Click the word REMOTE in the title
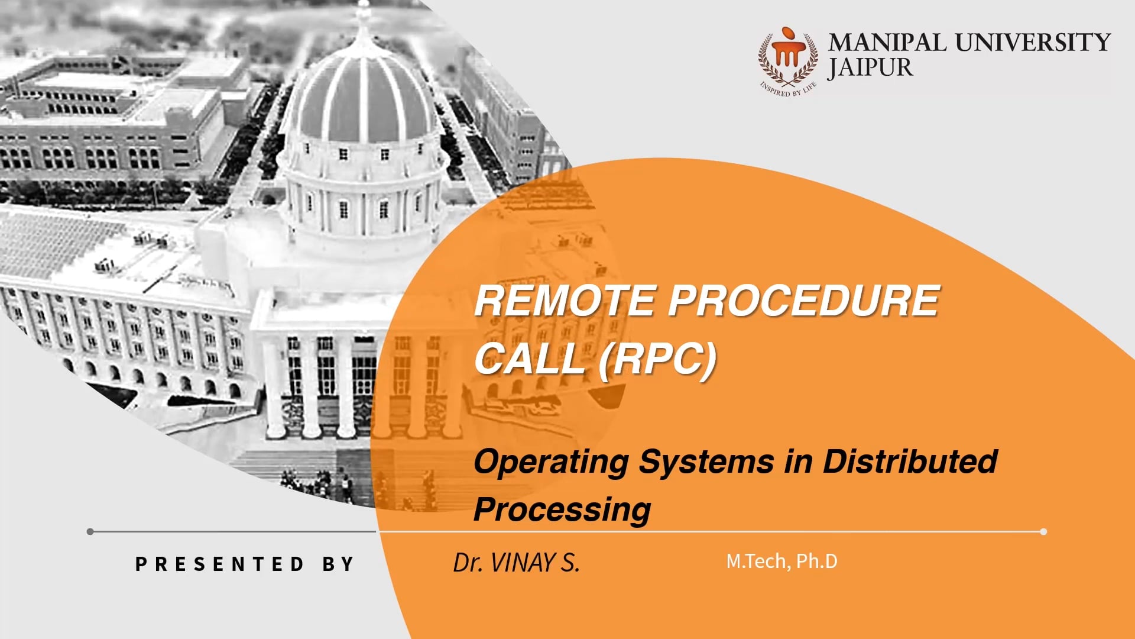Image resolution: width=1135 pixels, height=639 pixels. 565,301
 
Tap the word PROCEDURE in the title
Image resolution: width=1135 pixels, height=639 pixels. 804,301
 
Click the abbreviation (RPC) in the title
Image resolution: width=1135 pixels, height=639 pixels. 657,359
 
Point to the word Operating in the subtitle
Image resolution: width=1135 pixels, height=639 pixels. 551,463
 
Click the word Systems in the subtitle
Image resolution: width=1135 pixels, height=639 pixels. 706,463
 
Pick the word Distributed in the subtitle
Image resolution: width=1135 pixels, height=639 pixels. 910,461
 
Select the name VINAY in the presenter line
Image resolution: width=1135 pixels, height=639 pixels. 523,563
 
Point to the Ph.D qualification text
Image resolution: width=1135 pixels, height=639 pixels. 817,561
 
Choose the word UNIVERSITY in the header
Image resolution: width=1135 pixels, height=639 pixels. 1033,43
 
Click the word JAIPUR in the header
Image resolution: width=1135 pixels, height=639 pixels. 870,68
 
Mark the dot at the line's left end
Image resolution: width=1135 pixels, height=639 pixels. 90,531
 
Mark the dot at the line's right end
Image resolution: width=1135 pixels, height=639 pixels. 1043,531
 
